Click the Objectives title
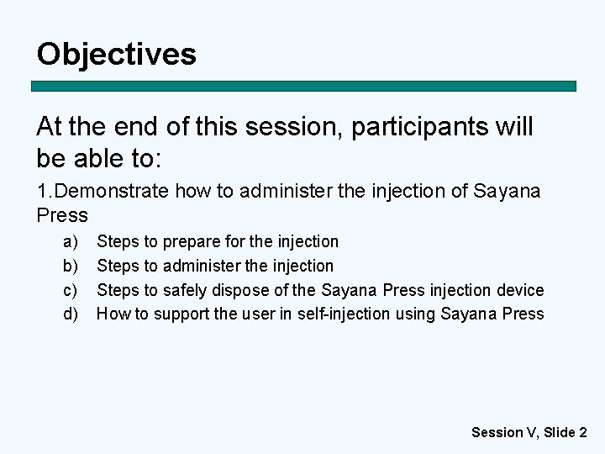click(x=116, y=54)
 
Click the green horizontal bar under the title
click(x=304, y=86)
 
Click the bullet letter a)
click(x=71, y=242)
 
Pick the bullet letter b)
click(x=71, y=267)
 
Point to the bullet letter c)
click(x=71, y=291)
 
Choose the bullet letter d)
click(x=71, y=314)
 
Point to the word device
click(x=521, y=291)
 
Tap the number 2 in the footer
click(x=582, y=432)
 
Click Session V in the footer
click(x=503, y=432)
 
